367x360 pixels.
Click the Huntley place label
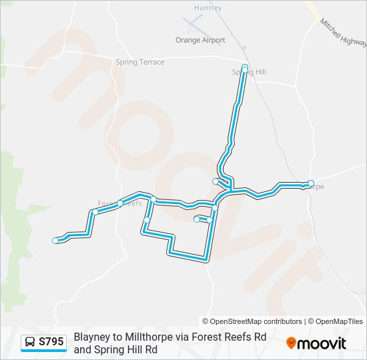tap(208, 8)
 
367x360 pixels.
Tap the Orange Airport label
tap(200, 40)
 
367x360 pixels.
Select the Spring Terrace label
tap(139, 62)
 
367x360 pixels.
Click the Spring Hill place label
tap(249, 72)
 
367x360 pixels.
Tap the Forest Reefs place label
tap(120, 203)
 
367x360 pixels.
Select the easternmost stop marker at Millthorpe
tap(311, 183)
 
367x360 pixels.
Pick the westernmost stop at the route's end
tap(55, 241)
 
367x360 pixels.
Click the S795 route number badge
tap(51, 342)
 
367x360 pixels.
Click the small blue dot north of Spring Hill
tap(244, 47)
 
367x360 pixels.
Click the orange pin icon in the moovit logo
tap(291, 343)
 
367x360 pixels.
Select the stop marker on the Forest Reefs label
tap(120, 203)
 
